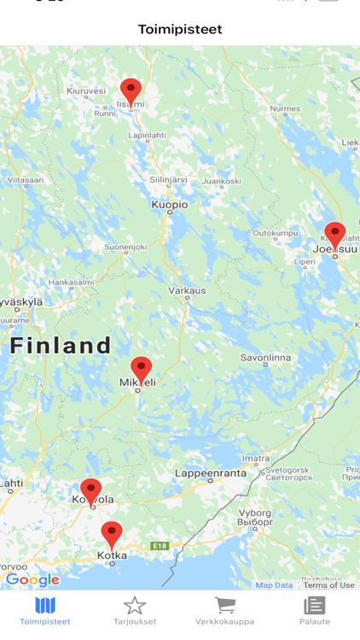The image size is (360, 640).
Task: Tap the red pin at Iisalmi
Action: click(131, 90)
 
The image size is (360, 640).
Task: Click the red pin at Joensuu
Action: click(335, 234)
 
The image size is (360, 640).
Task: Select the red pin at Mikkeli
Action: click(142, 369)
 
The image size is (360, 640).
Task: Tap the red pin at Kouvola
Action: click(91, 491)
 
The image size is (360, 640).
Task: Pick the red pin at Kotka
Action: click(112, 534)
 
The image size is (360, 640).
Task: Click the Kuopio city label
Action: click(169, 205)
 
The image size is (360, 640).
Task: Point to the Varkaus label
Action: click(187, 290)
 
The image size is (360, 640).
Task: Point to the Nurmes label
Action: click(285, 108)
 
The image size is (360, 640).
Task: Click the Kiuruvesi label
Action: click(85, 90)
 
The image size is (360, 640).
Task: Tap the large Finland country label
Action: click(61, 346)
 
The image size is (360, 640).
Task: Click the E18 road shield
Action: click(160, 545)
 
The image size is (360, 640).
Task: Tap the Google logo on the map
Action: click(32, 580)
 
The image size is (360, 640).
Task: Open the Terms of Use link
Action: click(328, 585)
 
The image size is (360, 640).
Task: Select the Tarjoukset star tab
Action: click(135, 611)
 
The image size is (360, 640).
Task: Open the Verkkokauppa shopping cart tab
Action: click(225, 611)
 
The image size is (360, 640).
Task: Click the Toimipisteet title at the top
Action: click(180, 29)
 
